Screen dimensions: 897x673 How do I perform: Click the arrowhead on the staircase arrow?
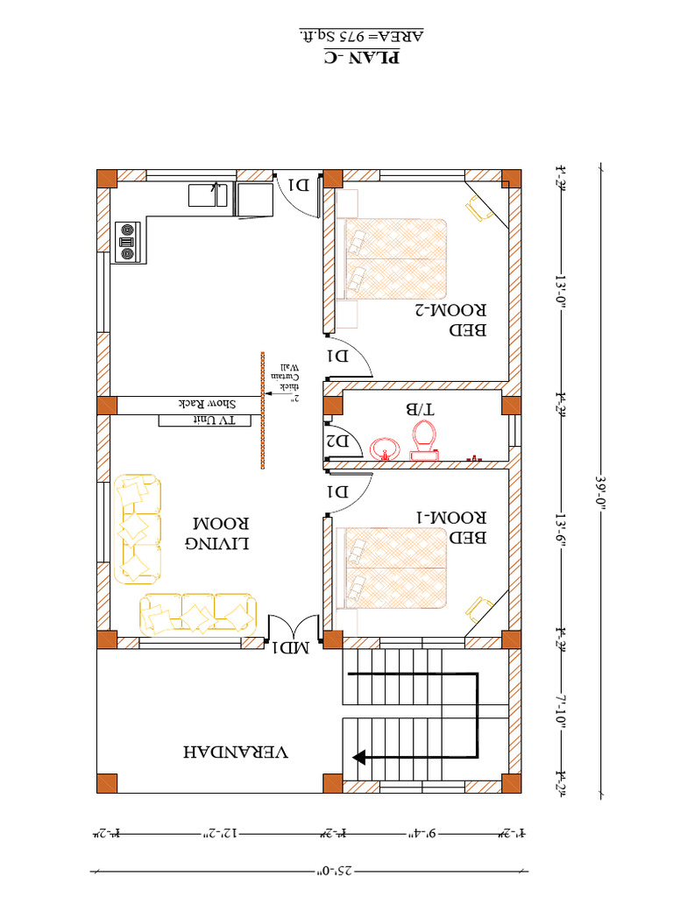[x=359, y=755]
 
